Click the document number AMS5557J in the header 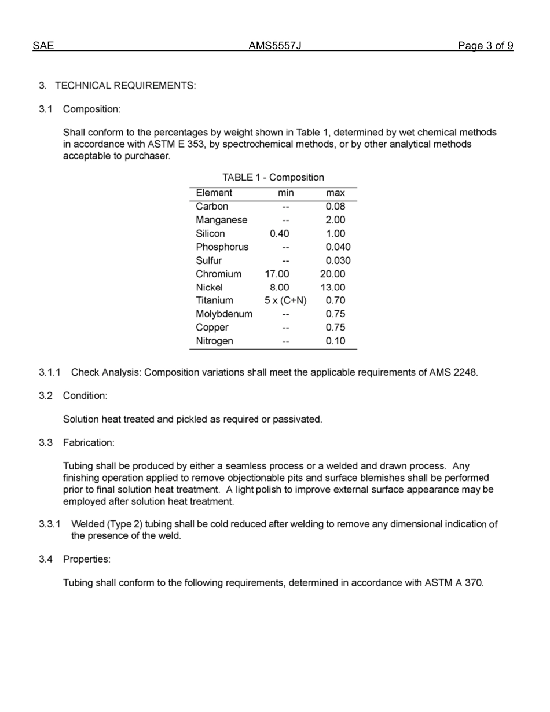(x=275, y=46)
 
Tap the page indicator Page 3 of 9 (x=485, y=46)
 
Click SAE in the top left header (x=43, y=46)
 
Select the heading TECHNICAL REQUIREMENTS (x=125, y=86)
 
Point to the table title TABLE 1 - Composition (x=273, y=177)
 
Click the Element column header (x=214, y=193)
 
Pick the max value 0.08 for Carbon (x=335, y=207)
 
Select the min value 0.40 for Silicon (x=280, y=234)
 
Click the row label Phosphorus (x=222, y=247)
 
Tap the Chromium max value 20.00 (x=332, y=274)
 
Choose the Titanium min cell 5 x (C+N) (x=285, y=300)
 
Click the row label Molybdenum (x=224, y=314)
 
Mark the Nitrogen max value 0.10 (x=335, y=341)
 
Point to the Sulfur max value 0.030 (x=338, y=260)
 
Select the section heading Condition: (x=85, y=396)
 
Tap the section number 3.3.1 (x=50, y=524)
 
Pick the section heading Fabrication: (x=89, y=443)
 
